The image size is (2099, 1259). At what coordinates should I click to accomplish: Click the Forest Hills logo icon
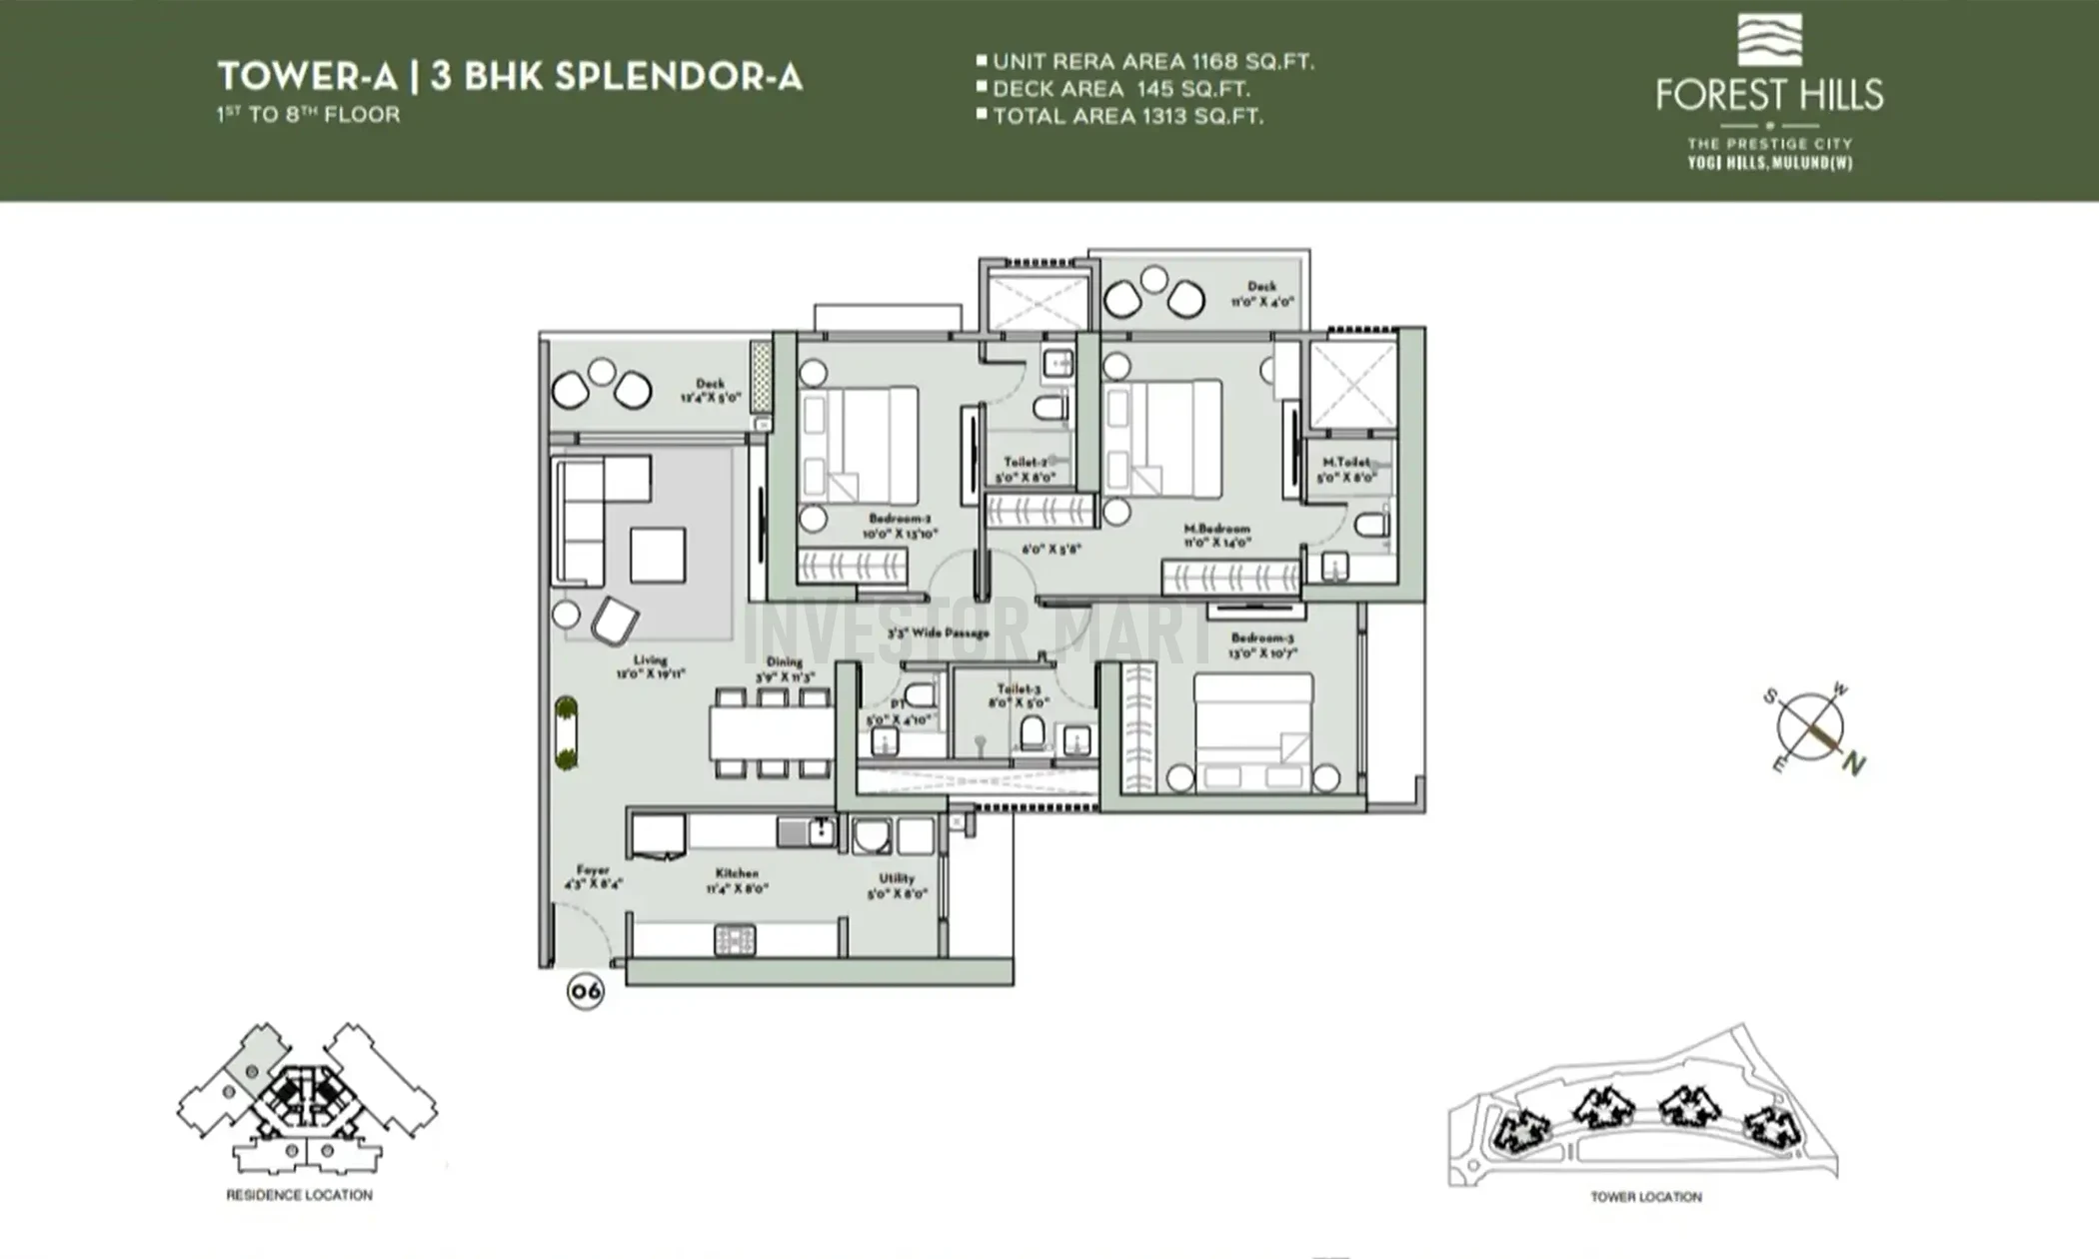[1769, 40]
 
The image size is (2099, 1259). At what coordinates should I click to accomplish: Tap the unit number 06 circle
[586, 991]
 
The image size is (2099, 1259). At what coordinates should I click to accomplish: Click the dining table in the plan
[771, 733]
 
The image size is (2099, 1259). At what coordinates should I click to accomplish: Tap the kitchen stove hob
[735, 940]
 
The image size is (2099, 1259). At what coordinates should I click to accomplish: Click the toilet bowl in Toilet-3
[1033, 733]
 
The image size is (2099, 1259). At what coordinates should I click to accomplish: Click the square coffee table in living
[658, 556]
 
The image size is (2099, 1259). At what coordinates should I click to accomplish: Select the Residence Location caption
[299, 1195]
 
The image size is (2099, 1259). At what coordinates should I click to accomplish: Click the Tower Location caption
[1645, 1197]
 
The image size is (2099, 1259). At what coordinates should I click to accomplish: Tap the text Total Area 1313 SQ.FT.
[1127, 117]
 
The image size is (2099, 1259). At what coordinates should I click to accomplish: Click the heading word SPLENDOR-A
[678, 78]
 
